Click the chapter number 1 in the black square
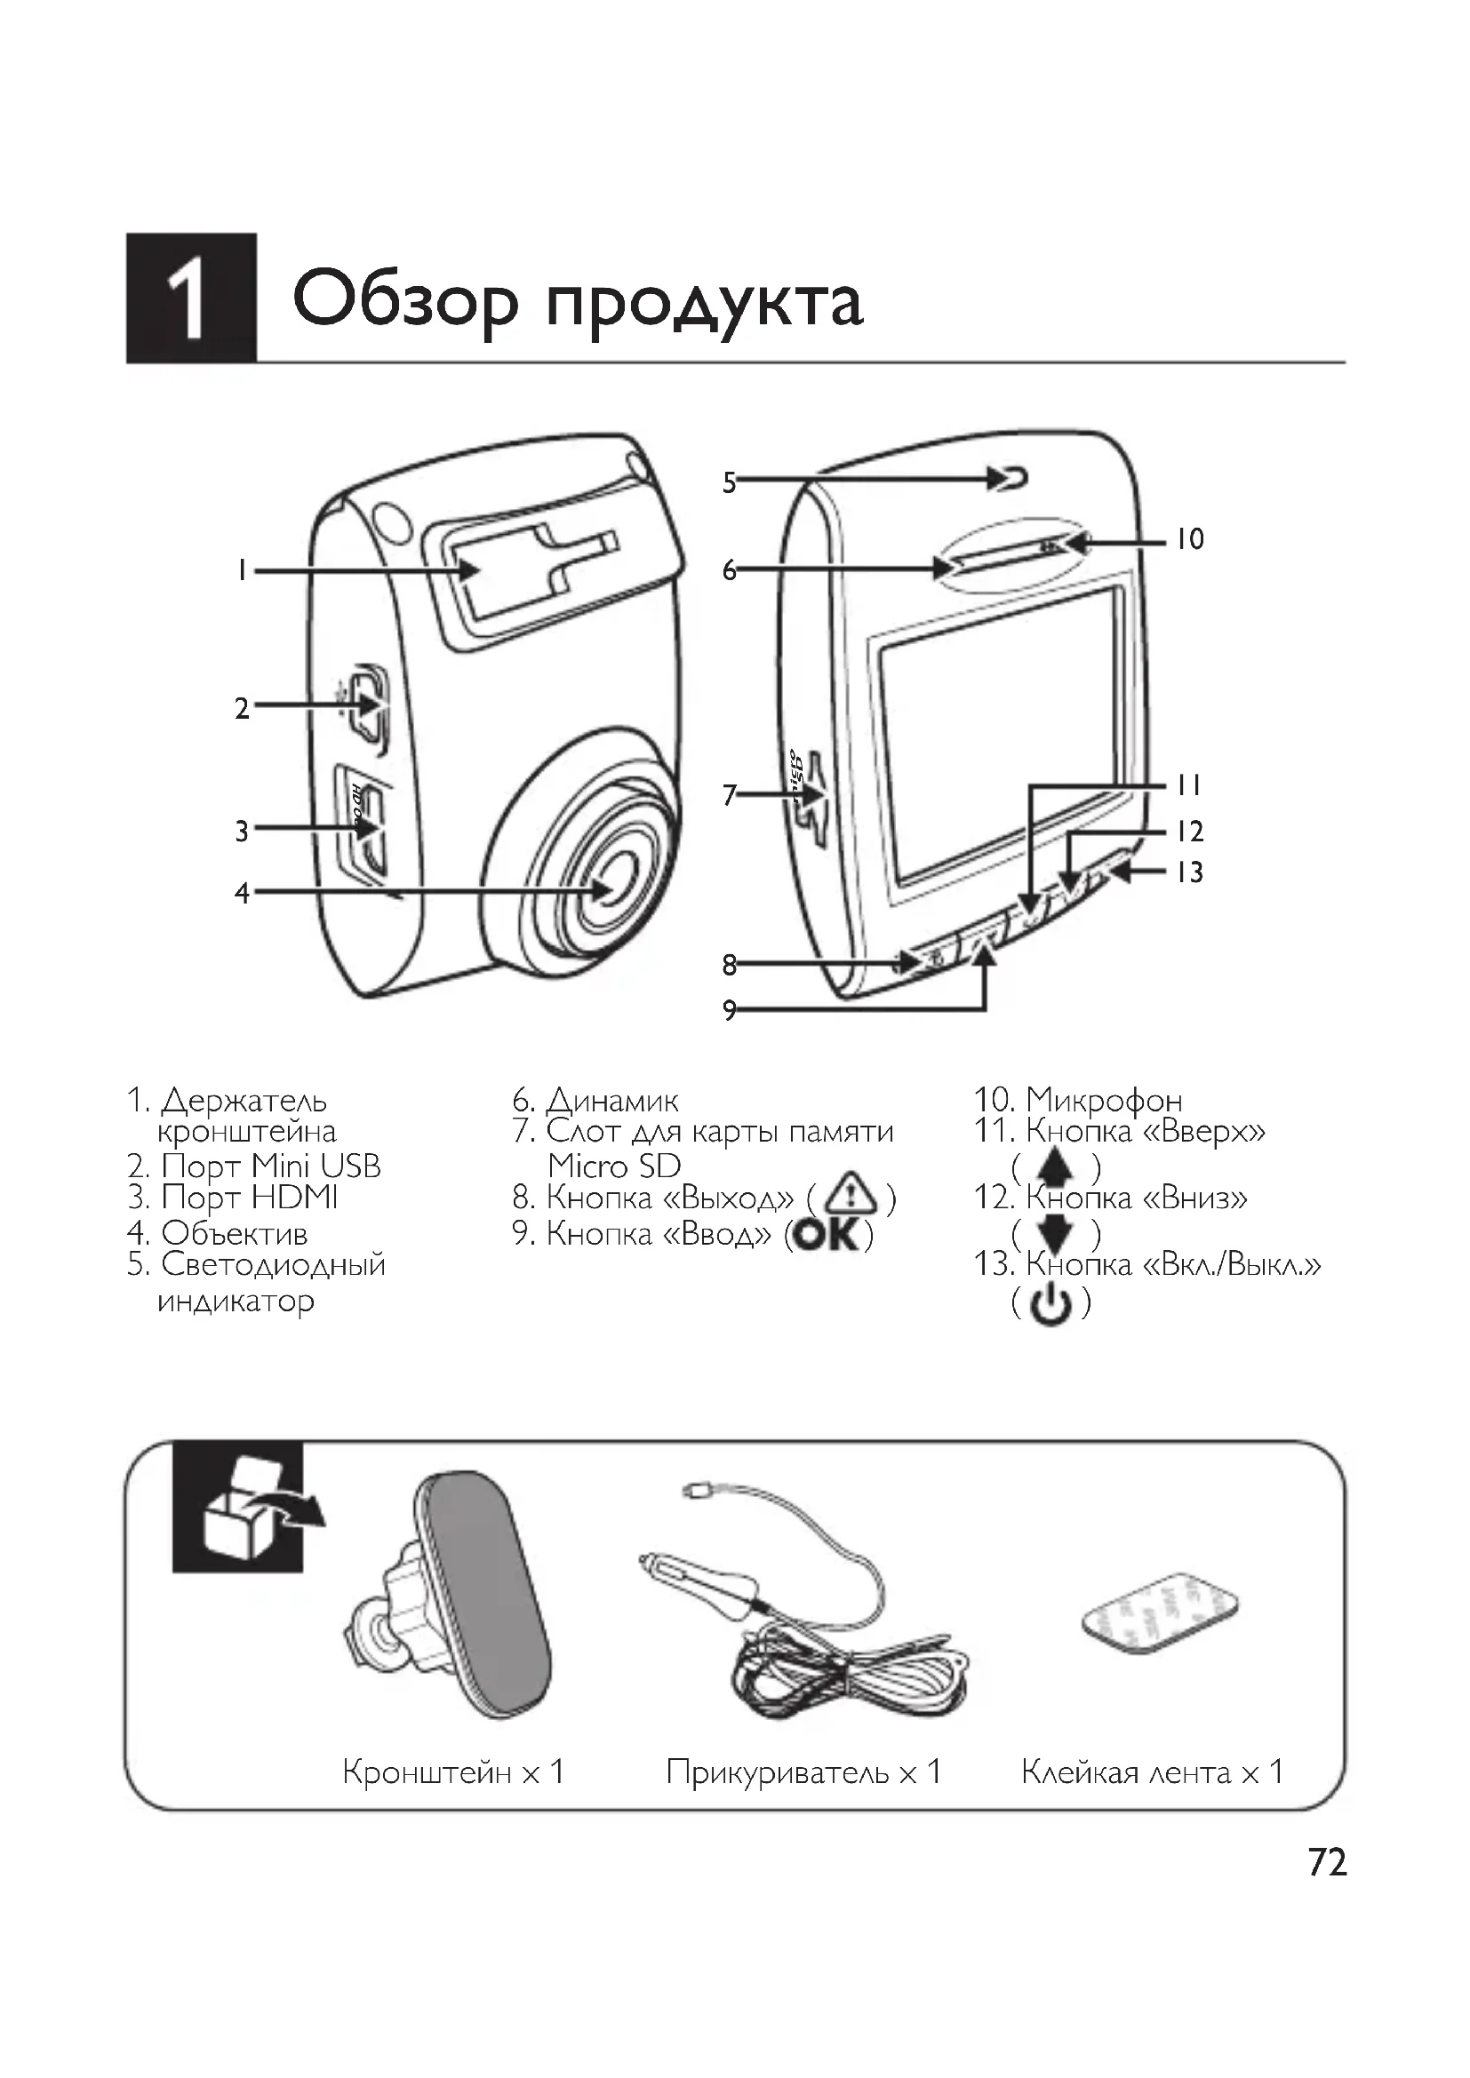tap(190, 299)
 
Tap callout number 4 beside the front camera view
tap(242, 893)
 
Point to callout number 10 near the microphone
tap(1189, 540)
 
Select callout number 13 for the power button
tap(1189, 872)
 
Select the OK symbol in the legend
tap(828, 1235)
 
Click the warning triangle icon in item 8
tap(850, 1198)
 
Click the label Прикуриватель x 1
tap(803, 1771)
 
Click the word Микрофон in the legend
tap(1105, 1102)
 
